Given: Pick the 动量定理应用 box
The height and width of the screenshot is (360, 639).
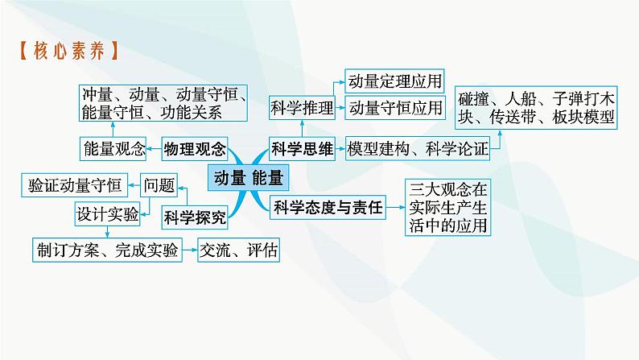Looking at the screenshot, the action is pyautogui.click(x=394, y=81).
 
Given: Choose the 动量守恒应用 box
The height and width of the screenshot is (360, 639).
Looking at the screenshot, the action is pyautogui.click(x=394, y=107).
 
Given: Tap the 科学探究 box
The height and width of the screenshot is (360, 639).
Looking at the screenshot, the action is pyautogui.click(x=193, y=215).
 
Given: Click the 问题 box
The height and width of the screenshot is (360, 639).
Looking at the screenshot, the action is pyautogui.click(x=159, y=185).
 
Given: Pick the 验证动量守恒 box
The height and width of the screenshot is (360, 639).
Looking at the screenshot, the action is pyautogui.click(x=74, y=185).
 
